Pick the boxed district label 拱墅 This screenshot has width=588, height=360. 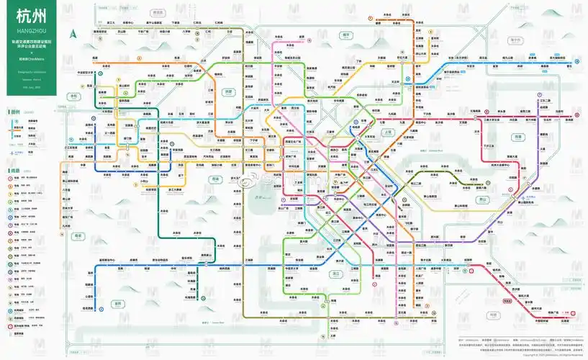tap(230, 91)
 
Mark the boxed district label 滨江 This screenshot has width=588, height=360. tap(335, 274)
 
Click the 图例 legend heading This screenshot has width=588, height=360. tap(15, 112)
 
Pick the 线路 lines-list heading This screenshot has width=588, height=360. tap(15, 171)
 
